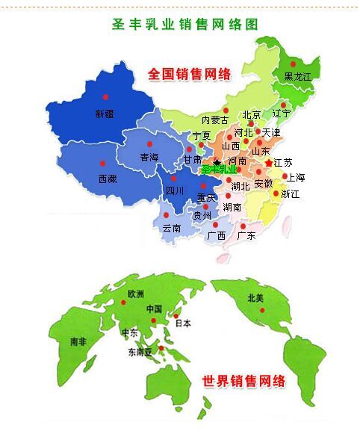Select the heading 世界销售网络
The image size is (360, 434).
244,381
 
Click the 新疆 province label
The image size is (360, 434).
105,114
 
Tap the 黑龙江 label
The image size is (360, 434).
297,77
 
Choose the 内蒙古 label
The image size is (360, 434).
215,120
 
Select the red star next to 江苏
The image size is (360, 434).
269,162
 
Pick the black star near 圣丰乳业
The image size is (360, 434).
217,161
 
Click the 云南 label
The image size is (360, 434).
171,228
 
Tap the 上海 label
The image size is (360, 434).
296,177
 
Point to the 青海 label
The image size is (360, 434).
149,157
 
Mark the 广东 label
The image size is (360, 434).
246,235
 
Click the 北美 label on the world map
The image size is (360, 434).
256,298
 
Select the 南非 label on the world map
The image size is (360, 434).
78,341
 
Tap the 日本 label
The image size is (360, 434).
182,323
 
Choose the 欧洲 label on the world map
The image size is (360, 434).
136,294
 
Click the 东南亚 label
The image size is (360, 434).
140,352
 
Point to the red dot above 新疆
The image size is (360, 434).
105,97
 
